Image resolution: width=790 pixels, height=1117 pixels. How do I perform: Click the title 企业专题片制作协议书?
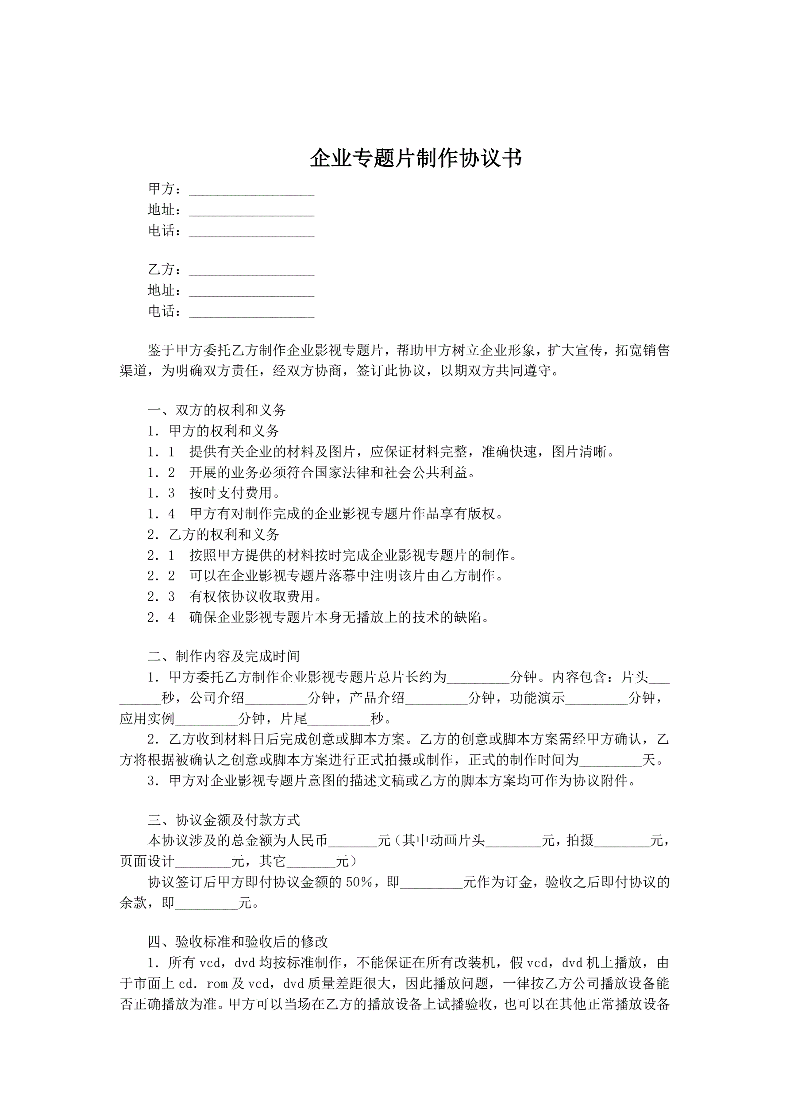416,158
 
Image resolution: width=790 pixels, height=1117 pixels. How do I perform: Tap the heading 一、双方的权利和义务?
217,410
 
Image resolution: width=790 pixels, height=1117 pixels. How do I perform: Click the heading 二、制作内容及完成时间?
224,656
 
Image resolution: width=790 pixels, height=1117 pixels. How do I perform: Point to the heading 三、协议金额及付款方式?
224,820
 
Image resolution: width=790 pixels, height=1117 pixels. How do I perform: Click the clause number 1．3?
161,493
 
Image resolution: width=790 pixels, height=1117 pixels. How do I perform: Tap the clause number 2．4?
161,617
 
